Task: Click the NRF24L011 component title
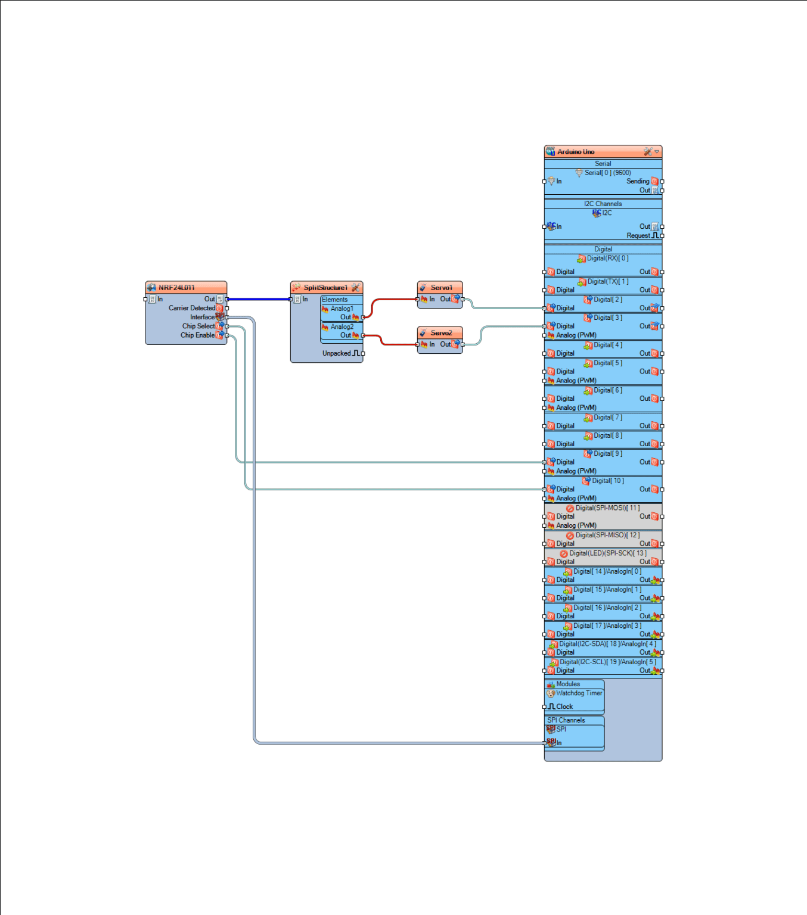[176, 288]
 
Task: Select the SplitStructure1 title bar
[325, 288]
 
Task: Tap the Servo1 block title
[441, 288]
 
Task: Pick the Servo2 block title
[441, 333]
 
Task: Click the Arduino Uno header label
[576, 152]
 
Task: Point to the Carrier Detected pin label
[191, 308]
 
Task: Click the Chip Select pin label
[198, 326]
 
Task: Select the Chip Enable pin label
[197, 335]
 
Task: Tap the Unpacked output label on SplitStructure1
[337, 353]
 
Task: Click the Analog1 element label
[342, 309]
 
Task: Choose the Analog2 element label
[342, 326]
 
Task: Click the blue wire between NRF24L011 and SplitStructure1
[259, 299]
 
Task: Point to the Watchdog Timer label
[579, 693]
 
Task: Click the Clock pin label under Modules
[564, 707]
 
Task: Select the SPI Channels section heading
[566, 720]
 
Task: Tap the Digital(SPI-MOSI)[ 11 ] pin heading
[607, 508]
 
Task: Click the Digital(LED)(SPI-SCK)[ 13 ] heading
[607, 553]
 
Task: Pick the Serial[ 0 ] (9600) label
[607, 173]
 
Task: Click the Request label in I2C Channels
[638, 236]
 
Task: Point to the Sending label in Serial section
[638, 181]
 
